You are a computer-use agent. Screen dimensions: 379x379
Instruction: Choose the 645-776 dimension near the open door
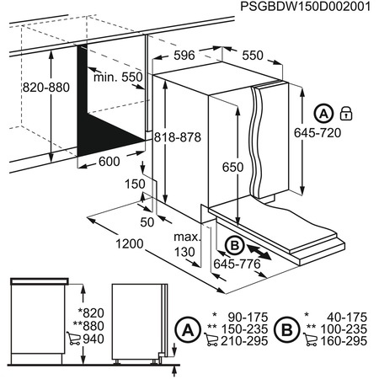tap(238, 264)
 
